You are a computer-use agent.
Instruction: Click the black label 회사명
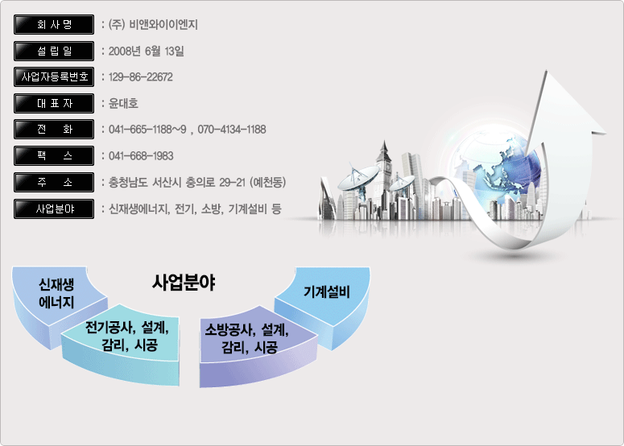[54, 25]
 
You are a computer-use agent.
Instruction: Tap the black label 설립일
[54, 51]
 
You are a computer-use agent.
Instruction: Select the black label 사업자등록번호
[54, 76]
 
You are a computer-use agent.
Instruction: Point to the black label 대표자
[54, 103]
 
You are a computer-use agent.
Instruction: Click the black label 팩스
[54, 155]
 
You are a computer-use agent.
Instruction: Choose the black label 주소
[54, 182]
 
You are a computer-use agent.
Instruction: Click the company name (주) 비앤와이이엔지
[153, 25]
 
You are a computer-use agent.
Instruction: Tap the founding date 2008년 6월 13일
[146, 51]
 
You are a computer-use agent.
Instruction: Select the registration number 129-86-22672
[140, 76]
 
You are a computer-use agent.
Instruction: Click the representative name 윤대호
[123, 103]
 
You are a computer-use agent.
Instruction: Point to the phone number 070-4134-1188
[232, 130]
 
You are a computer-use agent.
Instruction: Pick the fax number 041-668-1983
[141, 155]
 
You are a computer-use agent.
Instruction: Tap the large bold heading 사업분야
[184, 283]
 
